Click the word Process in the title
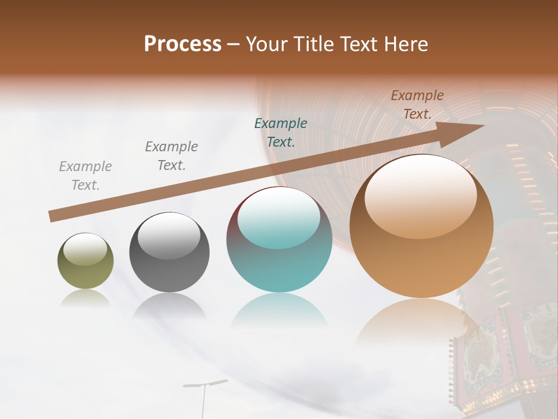(183, 44)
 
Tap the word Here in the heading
(403, 44)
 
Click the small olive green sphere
(85, 261)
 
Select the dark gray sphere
(169, 252)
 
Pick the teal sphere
(279, 239)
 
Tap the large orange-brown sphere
(421, 226)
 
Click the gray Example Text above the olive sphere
(85, 176)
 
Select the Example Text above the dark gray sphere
(171, 156)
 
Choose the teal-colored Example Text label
(281, 132)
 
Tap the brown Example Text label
(417, 105)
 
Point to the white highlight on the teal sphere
(279, 216)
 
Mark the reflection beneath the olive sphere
(85, 299)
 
